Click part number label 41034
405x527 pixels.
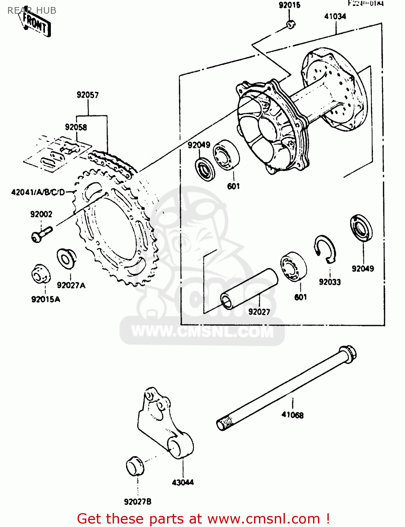tap(335, 17)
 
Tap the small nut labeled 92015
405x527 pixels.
tap(291, 24)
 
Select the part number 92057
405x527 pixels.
tap(88, 95)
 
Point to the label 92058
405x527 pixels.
tap(76, 127)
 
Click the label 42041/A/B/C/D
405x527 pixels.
tap(38, 192)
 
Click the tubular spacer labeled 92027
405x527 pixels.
tap(248, 289)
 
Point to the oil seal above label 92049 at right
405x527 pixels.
tap(361, 228)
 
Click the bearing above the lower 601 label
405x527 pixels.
tap(293, 266)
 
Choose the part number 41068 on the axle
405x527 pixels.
tap(292, 415)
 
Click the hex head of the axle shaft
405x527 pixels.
tap(347, 352)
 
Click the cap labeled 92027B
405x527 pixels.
tap(135, 467)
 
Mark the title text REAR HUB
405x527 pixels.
tap(32, 11)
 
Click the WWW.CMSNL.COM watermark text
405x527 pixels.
tap(202, 331)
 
